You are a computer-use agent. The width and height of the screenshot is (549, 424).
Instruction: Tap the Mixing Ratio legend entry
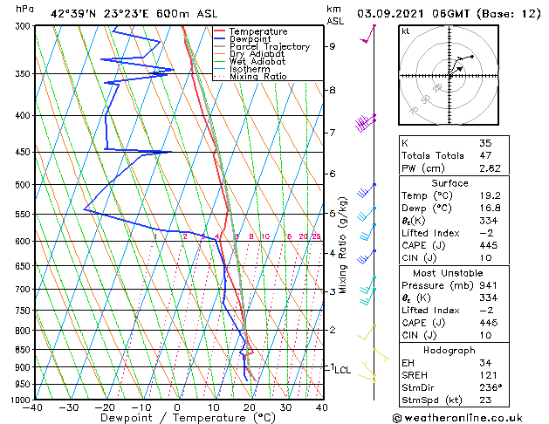pyautogui.click(x=258, y=77)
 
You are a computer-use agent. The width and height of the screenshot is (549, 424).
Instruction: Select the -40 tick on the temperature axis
pyautogui.click(x=34, y=407)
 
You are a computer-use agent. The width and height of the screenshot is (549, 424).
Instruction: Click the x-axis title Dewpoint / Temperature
pyautogui.click(x=178, y=418)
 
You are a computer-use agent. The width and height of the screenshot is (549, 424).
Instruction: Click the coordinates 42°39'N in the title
pyautogui.click(x=76, y=13)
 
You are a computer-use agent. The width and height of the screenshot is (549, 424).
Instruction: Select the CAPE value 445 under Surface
pyautogui.click(x=488, y=246)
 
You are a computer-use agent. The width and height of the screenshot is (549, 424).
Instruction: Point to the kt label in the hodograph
pyautogui.click(x=406, y=31)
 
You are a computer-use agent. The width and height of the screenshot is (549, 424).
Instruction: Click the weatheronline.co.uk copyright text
pyautogui.click(x=474, y=416)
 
